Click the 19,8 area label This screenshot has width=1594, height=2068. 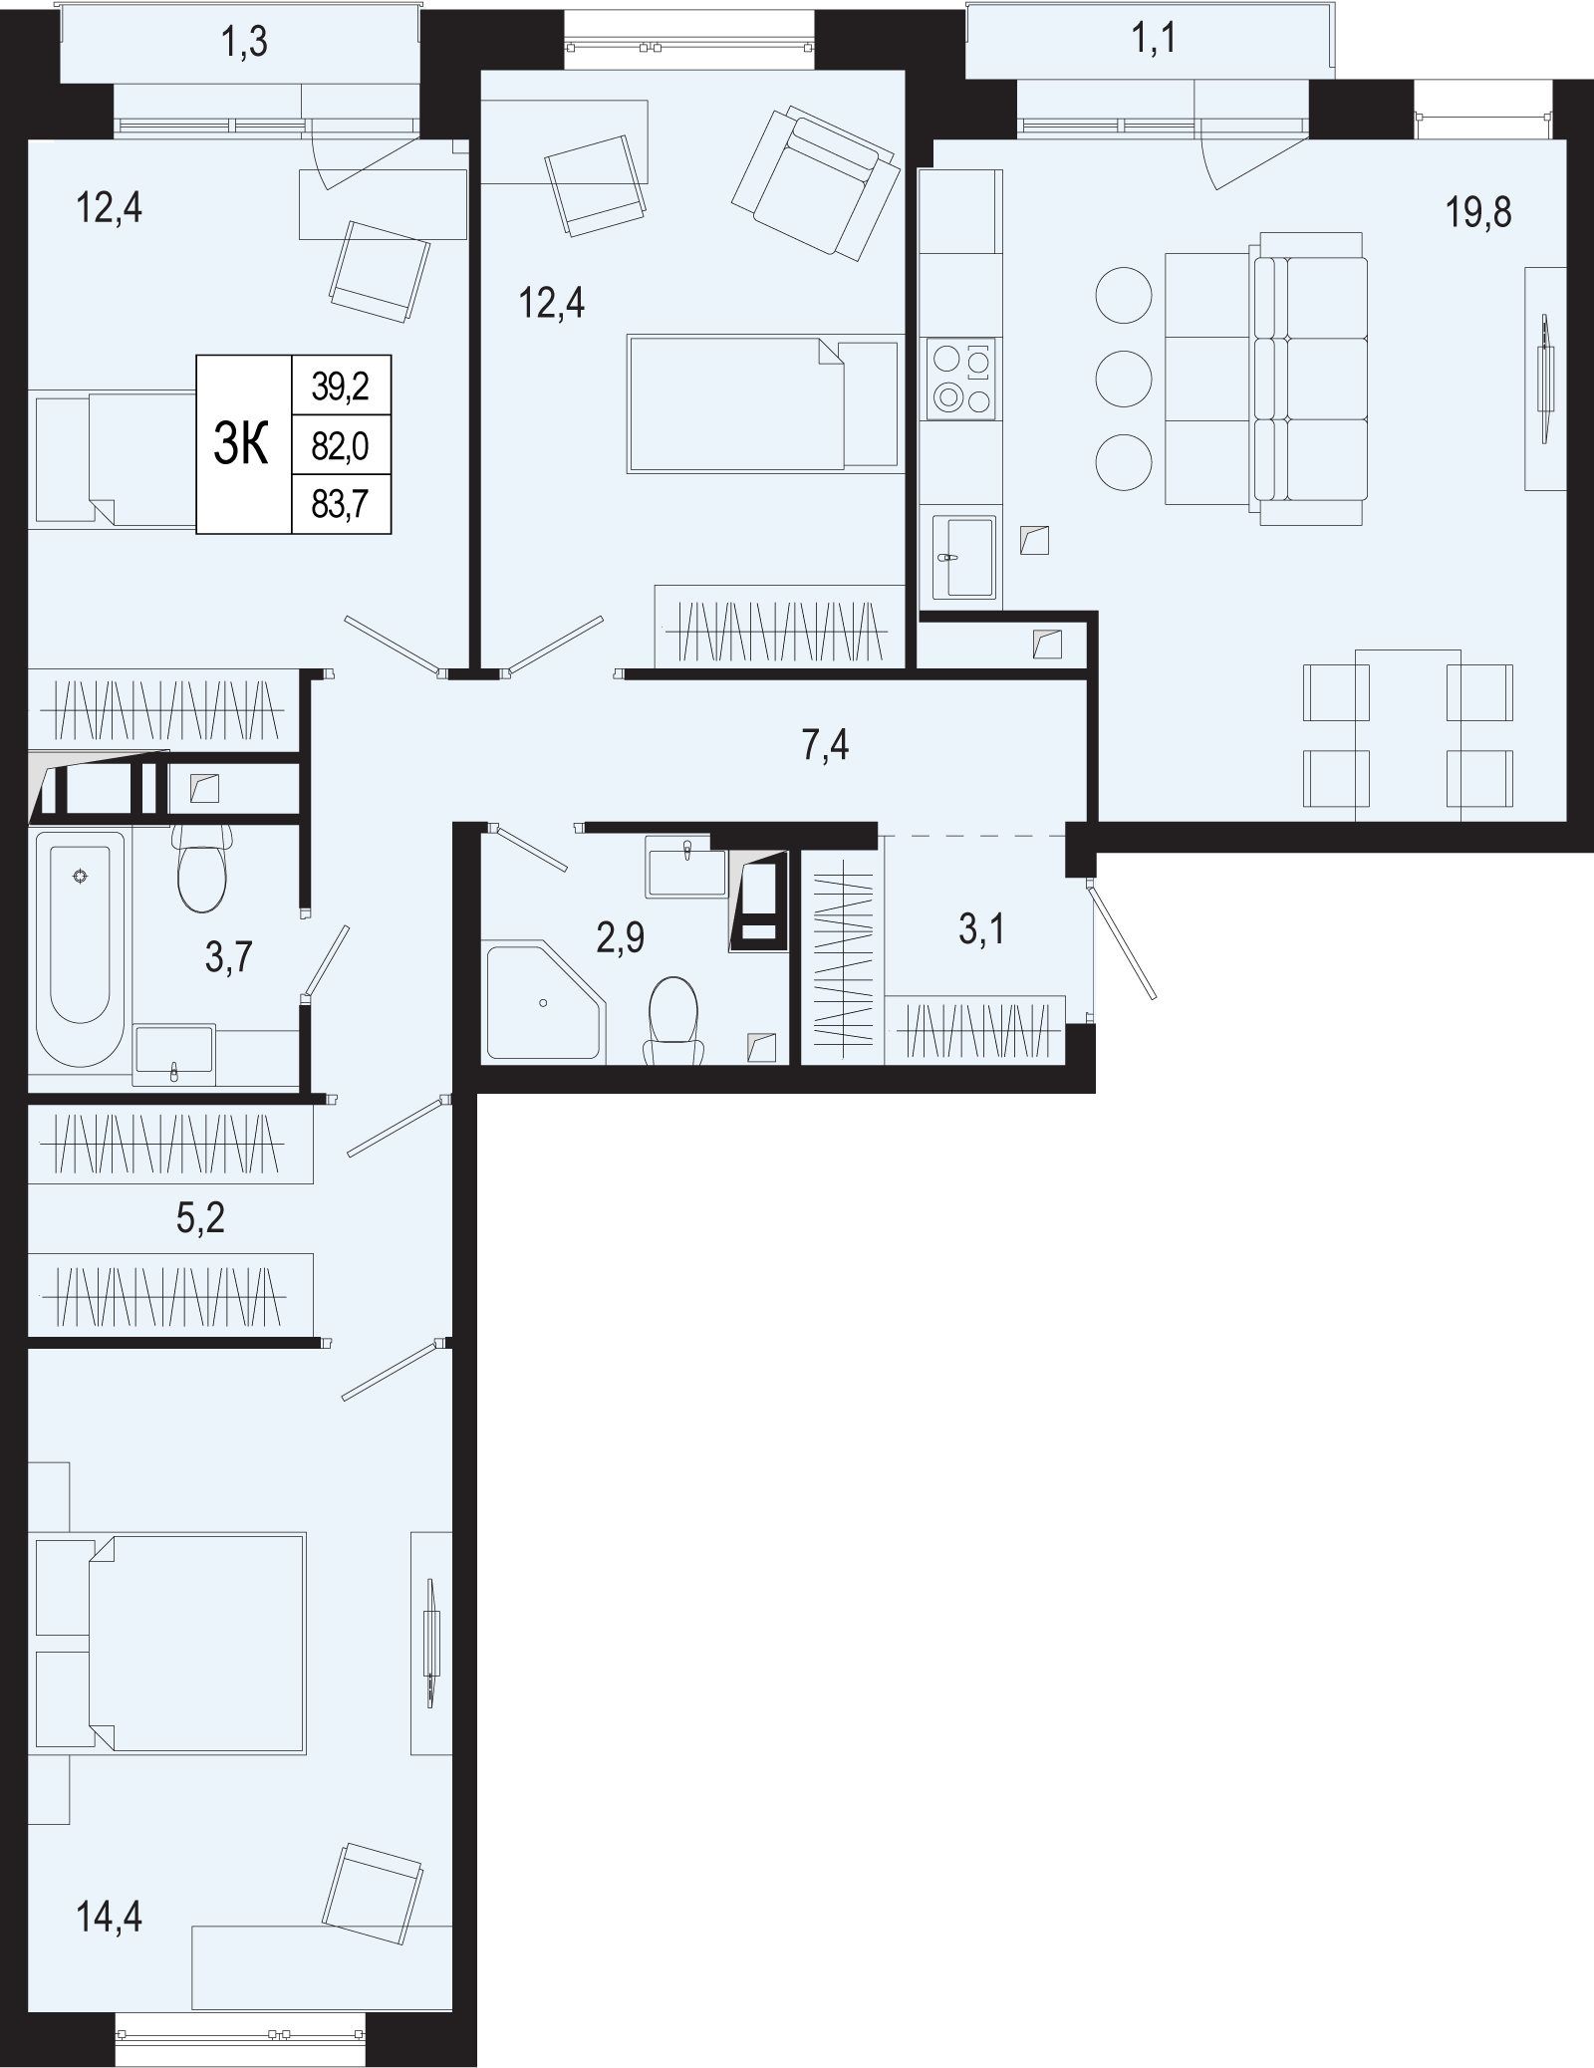1478,212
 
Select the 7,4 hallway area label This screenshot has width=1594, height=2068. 825,745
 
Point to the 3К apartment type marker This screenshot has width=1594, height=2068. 242,445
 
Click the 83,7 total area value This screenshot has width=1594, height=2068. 340,505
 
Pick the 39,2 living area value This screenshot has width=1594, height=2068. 340,387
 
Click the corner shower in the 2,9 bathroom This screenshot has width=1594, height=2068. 544,1001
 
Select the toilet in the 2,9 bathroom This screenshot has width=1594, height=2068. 672,1021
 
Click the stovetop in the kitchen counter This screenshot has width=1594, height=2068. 960,380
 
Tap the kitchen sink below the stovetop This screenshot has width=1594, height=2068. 962,557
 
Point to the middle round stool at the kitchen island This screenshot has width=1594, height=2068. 1124,379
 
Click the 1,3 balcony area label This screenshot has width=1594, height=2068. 243,44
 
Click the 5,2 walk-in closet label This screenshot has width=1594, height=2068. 200,1218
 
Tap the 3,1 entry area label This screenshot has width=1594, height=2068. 981,930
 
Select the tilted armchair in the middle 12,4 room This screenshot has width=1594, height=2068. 813,184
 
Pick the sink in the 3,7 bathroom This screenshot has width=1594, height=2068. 173,1054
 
